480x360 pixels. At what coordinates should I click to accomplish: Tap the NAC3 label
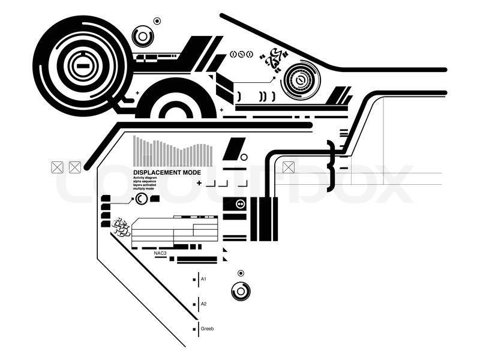[x=160, y=253]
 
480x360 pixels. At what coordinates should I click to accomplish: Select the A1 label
[x=203, y=279]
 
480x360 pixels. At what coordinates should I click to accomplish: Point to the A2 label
[x=203, y=304]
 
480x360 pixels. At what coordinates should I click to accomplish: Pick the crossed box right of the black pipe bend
[x=289, y=167]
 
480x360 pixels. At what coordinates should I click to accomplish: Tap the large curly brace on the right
[x=331, y=163]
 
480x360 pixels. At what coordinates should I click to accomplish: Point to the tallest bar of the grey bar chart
[x=135, y=151]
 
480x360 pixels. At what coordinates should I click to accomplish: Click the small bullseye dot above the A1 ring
[x=241, y=274]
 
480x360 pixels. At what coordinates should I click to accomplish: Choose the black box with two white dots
[x=241, y=204]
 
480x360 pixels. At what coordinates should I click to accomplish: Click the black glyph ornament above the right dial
[x=273, y=58]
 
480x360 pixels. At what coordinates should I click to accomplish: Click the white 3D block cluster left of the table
[x=122, y=227]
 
